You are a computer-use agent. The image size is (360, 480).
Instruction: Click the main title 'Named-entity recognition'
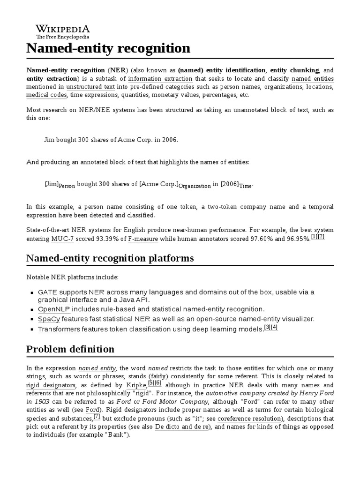(x=108, y=49)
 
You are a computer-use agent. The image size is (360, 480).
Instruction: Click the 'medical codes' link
(x=47, y=95)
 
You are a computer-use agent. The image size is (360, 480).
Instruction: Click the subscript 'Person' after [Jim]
(x=67, y=186)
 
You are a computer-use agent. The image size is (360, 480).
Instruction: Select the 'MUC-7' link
(x=62, y=239)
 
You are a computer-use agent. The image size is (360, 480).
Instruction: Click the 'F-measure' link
(x=143, y=239)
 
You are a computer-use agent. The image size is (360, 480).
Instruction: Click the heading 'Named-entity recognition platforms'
(x=110, y=258)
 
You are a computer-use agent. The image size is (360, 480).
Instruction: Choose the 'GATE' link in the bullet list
(x=47, y=292)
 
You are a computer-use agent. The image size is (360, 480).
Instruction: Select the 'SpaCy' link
(x=49, y=319)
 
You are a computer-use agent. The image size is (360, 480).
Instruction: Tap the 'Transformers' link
(x=59, y=329)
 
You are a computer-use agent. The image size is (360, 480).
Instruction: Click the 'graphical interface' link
(x=67, y=300)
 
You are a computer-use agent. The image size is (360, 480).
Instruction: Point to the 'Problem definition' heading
(x=70, y=349)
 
